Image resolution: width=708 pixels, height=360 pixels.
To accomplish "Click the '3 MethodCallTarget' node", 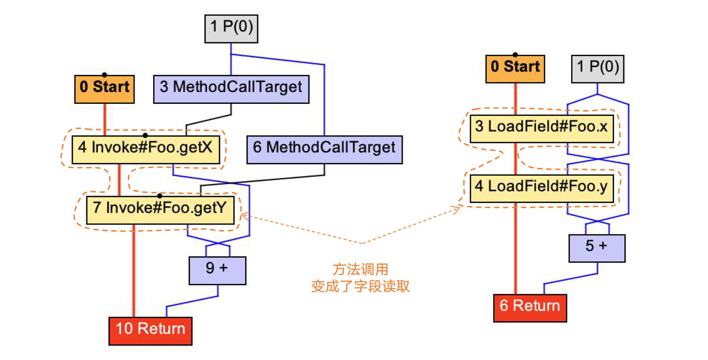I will (x=231, y=89).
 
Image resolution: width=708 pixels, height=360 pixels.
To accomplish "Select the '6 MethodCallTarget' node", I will (x=325, y=150).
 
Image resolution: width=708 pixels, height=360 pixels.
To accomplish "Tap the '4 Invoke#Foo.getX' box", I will (x=146, y=150).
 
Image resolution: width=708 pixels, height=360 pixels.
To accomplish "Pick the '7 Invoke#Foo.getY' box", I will (x=160, y=210).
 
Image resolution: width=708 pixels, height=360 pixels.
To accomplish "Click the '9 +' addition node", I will (x=217, y=270).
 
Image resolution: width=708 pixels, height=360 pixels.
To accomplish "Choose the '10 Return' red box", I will (x=150, y=331).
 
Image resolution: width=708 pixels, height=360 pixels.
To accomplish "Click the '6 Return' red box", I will (x=530, y=308).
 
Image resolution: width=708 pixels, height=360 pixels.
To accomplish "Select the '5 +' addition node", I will (x=597, y=248).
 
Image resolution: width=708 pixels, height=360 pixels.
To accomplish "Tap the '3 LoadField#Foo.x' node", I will (x=542, y=129).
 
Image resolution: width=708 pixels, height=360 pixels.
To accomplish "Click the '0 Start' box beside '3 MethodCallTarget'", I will (x=104, y=89).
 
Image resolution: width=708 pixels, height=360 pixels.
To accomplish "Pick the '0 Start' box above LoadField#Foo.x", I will (x=515, y=69).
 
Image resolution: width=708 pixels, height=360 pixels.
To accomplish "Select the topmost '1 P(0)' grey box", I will (x=231, y=29).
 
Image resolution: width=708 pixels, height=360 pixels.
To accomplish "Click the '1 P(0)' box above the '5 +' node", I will (x=598, y=69).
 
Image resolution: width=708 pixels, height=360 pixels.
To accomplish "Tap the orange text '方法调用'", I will (x=360, y=269).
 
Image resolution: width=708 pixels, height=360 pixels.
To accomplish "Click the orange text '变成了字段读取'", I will (x=360, y=286).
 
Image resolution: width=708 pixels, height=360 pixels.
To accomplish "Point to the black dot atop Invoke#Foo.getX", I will (x=145, y=135).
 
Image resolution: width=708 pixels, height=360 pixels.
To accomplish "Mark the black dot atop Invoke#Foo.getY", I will (x=160, y=196).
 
